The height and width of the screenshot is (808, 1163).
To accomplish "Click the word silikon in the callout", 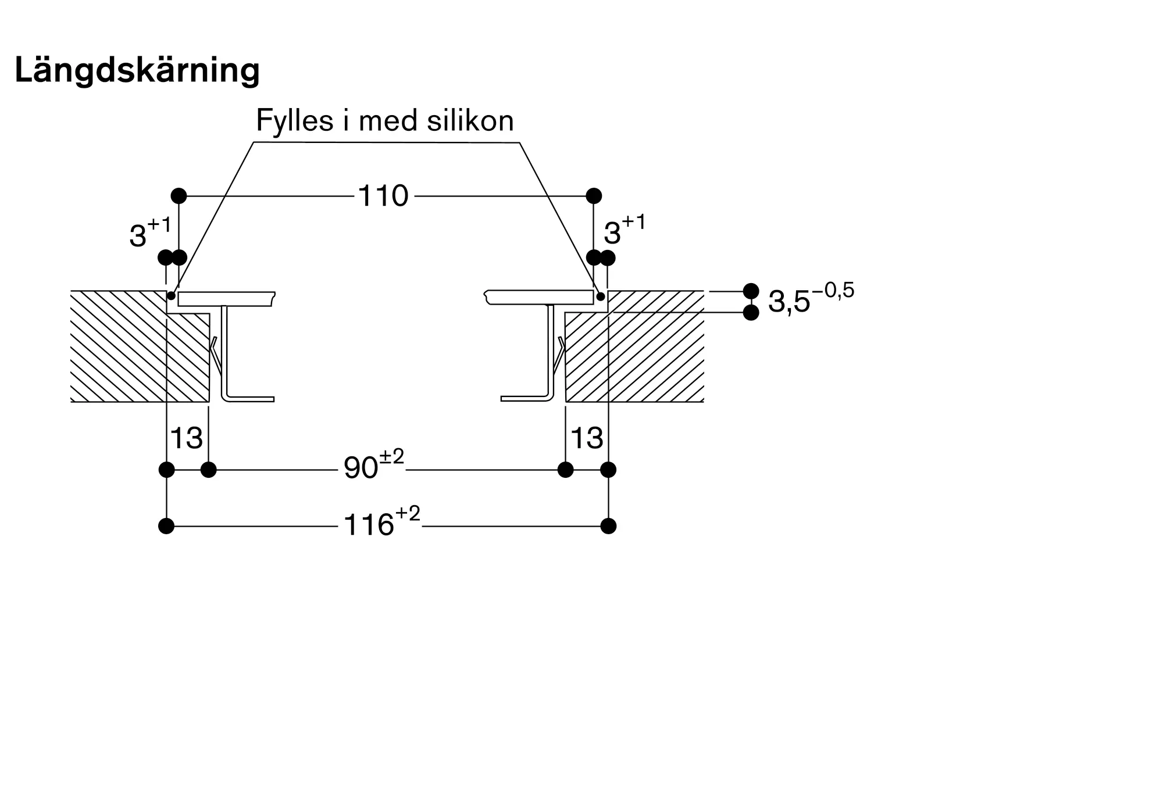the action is pos(470,121).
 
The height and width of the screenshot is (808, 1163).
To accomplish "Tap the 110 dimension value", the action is pos(383,196).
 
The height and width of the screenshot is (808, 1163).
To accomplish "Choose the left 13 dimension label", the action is pos(186,438).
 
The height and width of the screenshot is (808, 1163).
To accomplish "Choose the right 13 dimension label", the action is pos(587,438).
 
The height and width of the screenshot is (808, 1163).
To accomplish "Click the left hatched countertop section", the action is pos(140,349).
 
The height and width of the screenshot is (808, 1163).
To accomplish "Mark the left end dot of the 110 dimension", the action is pos(179,195).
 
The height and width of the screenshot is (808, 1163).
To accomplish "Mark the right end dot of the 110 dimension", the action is pos(594,195).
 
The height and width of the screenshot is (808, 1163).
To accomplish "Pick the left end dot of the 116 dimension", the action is pos(166,526).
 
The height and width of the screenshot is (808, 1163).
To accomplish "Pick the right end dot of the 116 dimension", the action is pos(608,526).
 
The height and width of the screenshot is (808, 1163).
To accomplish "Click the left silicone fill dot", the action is pos(172,296).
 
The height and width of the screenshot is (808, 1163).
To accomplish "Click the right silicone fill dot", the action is pos(601,296).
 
